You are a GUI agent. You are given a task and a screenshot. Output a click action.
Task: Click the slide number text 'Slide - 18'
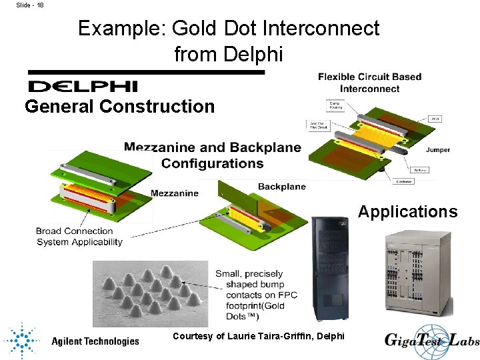30,5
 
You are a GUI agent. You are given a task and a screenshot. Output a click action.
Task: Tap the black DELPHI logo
83,86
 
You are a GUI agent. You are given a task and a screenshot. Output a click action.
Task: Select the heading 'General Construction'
120,106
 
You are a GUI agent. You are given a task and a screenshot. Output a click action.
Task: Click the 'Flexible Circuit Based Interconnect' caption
369,82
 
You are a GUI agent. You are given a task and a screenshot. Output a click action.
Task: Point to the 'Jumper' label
438,150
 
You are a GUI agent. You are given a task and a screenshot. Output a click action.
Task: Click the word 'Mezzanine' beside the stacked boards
175,193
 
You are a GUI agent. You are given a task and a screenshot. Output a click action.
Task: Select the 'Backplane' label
281,186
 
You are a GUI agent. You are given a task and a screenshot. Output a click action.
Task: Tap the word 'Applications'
408,212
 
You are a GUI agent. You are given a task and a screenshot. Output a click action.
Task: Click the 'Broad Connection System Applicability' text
79,237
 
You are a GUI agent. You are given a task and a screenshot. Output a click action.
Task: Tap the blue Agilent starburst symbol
21,341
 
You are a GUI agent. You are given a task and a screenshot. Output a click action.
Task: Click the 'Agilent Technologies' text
95,341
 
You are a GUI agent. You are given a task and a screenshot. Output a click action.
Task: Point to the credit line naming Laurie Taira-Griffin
259,336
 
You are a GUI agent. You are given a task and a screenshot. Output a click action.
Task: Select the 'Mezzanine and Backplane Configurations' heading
213,155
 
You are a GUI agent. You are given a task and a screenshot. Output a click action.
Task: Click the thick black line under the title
146,71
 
